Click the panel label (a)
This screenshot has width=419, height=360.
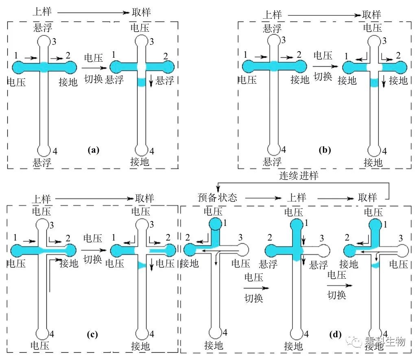pos(93,150)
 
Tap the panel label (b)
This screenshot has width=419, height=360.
pos(325,150)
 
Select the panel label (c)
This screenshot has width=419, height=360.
pos(92,334)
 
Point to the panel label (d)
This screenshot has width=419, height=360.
pos(335,334)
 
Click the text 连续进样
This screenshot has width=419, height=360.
pos(299,176)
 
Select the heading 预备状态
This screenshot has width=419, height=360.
pos(218,197)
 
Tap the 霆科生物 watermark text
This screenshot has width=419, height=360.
pos(385,341)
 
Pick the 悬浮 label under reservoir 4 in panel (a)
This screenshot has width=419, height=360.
pos(42,162)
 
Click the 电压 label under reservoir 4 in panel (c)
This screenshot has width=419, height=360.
pos(40,346)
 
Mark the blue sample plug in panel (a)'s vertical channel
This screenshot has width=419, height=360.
pos(142,82)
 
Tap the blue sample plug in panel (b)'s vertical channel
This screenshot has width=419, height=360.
pos(374,83)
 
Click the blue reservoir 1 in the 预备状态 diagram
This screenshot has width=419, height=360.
pos(215,224)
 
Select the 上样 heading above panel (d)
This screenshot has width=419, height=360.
pos(297,198)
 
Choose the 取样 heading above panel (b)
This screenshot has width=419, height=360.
pos(371,14)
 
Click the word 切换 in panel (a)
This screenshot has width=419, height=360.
pos(94,79)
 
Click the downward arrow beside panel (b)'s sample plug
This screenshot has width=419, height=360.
pos(384,81)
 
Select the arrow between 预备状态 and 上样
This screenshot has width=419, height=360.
pos(263,198)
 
